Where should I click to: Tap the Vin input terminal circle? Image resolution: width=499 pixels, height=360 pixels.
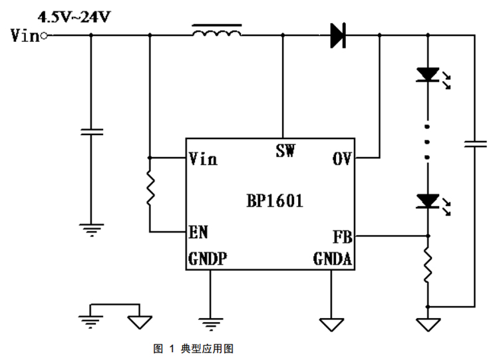pos(44,36)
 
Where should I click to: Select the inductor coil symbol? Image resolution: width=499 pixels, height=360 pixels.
pos(216,32)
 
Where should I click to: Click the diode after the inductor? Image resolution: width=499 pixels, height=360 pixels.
pos(338,35)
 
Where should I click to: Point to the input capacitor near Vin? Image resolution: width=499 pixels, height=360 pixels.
pos(91,132)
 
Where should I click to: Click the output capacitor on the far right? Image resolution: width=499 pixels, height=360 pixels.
pos(475,144)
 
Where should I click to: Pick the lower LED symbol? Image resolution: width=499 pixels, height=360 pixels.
pos(426,199)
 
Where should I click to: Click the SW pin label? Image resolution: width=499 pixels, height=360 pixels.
pos(285,150)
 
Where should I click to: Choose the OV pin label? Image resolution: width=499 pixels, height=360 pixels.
pos(341,159)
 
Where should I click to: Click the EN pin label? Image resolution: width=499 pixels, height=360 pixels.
pos(198,232)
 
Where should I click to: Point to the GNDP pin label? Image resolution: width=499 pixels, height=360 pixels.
pos(207,260)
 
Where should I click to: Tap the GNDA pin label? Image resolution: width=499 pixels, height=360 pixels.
pos(333,260)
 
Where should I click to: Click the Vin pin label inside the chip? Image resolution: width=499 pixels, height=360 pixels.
pos(203,159)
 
